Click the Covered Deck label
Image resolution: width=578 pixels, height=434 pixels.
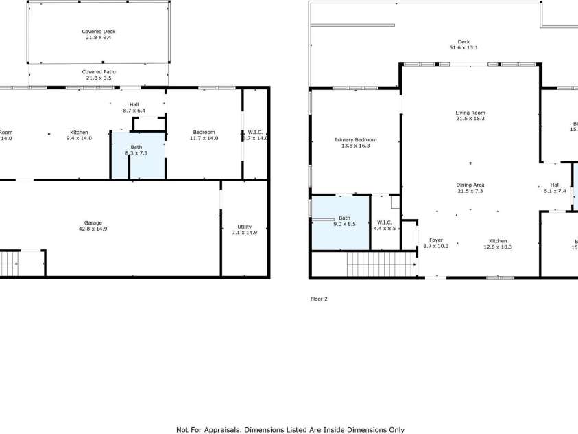(99, 32)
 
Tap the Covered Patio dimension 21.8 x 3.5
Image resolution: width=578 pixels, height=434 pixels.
(99, 78)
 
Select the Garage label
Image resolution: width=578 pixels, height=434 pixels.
(93, 222)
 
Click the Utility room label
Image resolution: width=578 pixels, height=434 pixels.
(245, 227)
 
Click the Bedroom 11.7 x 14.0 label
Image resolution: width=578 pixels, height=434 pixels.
(204, 133)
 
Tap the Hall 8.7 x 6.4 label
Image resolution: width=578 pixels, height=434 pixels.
(134, 104)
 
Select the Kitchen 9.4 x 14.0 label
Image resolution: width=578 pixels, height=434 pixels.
(79, 133)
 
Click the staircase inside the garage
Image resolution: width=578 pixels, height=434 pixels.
(10, 262)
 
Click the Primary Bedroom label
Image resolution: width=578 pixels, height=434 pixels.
(355, 140)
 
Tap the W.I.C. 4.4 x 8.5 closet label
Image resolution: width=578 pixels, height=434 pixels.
(385, 222)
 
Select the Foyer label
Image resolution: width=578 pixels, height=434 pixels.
(435, 240)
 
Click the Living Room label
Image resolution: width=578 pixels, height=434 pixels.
(470, 113)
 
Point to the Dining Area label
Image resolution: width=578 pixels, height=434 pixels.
(470, 185)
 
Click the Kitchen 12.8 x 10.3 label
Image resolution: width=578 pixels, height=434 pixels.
(498, 241)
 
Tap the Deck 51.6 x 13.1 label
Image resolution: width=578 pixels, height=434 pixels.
(463, 42)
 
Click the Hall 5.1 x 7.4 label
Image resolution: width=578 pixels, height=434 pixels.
(555, 185)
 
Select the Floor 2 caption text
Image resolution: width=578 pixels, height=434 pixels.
(319, 299)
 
